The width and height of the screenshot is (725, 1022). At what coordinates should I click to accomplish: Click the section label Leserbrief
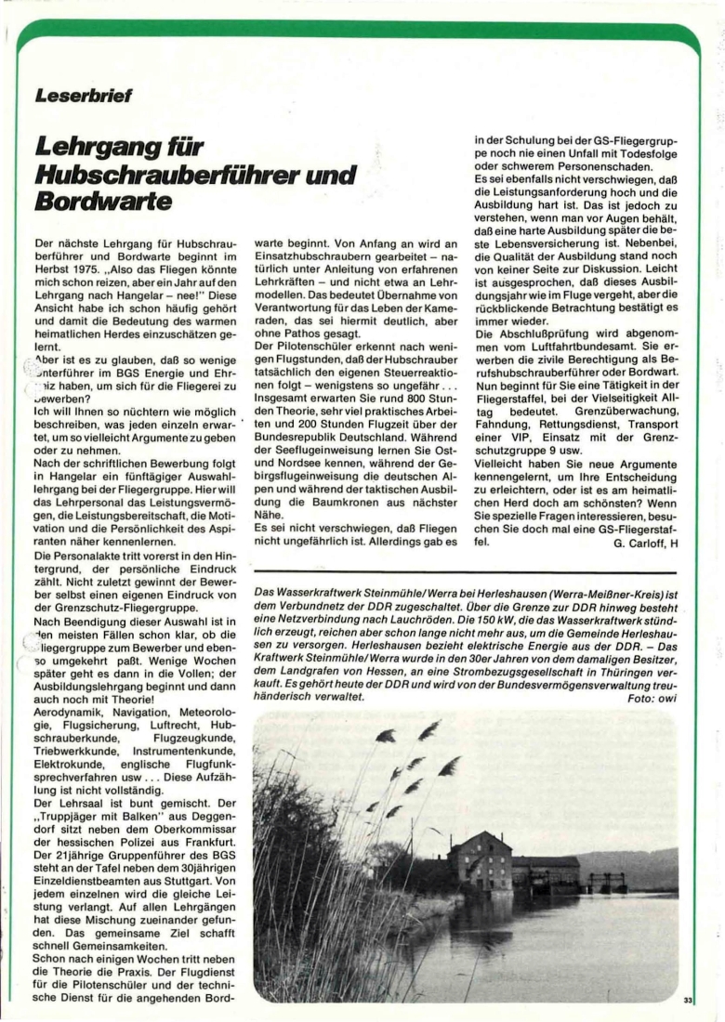pos(84,95)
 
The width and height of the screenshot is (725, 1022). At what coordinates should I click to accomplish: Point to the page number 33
pos(688,1000)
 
